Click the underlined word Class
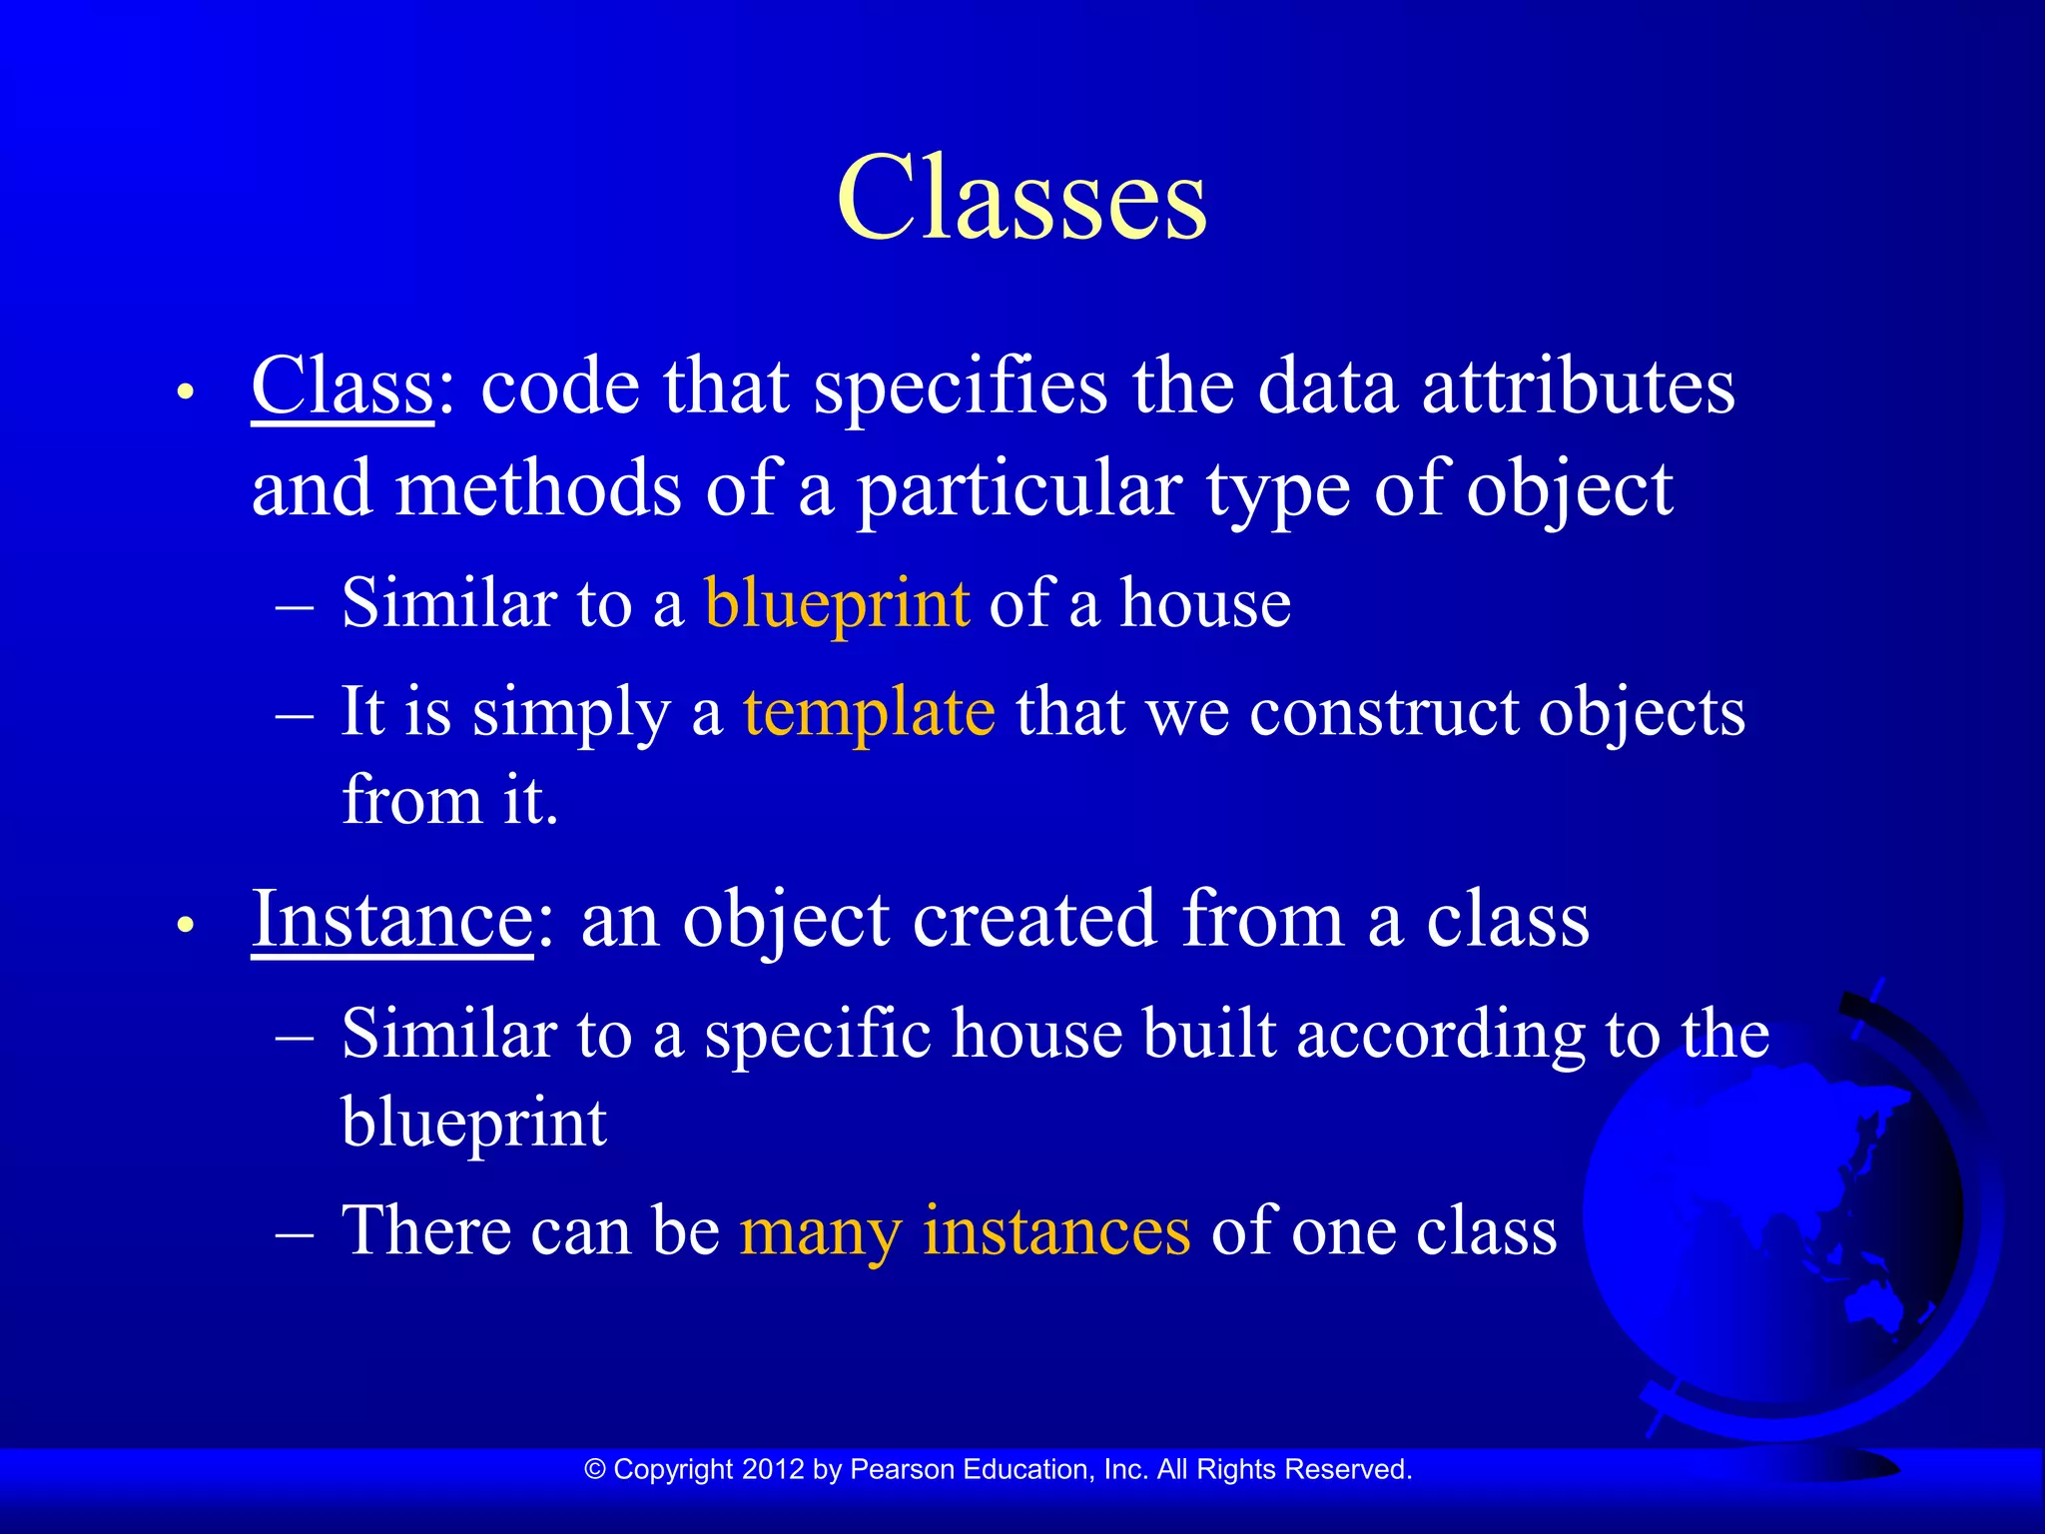tap(341, 386)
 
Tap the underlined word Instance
tap(391, 919)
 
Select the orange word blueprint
tap(837, 604)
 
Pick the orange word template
tap(869, 712)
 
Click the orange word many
tap(820, 1231)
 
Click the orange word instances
tap(1056, 1229)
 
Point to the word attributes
tap(1578, 386)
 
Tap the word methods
tap(539, 489)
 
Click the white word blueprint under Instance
tap(473, 1124)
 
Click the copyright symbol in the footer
tap(595, 1469)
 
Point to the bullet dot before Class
tap(184, 391)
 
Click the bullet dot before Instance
tap(184, 925)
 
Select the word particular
tap(1020, 489)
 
